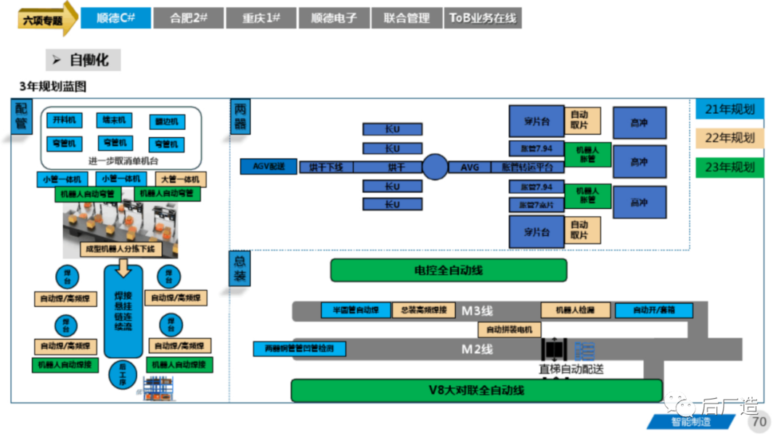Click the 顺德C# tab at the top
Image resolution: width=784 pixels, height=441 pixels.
tap(115, 18)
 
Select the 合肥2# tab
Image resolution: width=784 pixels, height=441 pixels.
tap(188, 18)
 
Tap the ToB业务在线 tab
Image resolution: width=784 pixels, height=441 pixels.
tap(483, 18)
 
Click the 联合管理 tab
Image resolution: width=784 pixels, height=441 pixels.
tap(407, 18)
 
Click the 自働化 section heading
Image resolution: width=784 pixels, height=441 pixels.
tap(83, 59)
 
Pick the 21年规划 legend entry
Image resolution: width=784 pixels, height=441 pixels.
tap(730, 110)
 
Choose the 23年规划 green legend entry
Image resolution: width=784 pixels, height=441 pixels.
tap(730, 168)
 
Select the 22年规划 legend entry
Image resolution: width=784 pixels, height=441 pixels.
tap(730, 138)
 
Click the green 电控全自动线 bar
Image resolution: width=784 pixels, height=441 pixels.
tap(448, 271)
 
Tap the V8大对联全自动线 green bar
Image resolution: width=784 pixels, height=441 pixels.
tap(476, 390)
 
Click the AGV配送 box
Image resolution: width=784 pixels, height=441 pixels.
tap(269, 167)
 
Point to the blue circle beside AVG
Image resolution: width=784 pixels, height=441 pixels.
tap(435, 167)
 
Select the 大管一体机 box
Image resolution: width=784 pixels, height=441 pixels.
tap(180, 179)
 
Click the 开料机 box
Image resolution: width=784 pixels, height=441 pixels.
tap(64, 120)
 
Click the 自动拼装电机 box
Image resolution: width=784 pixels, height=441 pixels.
tap(509, 329)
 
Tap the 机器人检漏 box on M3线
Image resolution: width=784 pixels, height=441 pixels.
tap(575, 310)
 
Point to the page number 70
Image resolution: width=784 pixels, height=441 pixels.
tap(759, 422)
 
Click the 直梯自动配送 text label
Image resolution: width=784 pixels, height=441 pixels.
tap(571, 369)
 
